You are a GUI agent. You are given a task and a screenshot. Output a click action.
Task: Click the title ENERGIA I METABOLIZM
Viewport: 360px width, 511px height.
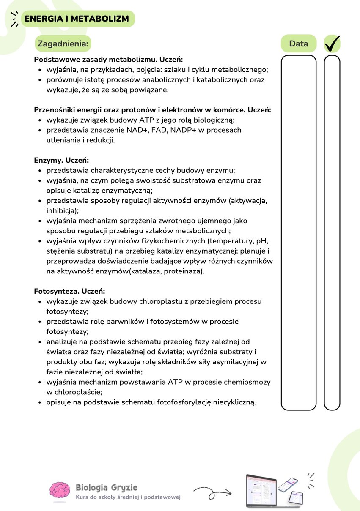coord(77,19)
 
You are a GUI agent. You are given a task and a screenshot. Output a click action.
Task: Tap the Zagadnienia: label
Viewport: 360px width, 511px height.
coord(63,44)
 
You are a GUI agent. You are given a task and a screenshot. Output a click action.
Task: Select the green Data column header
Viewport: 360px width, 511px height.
coord(299,44)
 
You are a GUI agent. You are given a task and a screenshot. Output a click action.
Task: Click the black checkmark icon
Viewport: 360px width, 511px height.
coord(332,43)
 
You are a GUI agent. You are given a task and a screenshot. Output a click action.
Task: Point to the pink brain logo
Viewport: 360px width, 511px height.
coord(60,491)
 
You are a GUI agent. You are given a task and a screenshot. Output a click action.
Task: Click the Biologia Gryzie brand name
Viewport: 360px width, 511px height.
coord(106,487)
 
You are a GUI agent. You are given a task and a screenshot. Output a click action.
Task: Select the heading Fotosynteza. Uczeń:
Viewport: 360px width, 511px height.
coord(69,291)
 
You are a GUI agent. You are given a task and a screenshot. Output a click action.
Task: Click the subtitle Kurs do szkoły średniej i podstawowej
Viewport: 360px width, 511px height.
coord(128,497)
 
